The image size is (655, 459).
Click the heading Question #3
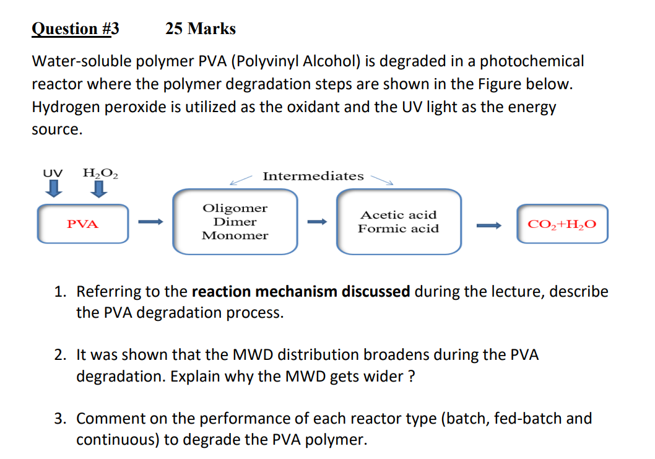click(x=75, y=29)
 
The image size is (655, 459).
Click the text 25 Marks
click(x=201, y=29)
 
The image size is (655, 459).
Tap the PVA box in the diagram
click(x=83, y=224)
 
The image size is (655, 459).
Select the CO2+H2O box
click(x=563, y=224)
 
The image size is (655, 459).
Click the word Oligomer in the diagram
click(x=235, y=208)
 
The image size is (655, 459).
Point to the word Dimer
click(x=235, y=222)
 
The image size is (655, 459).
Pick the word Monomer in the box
click(x=235, y=235)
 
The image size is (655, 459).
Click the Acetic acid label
click(x=399, y=215)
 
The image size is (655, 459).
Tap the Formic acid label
click(x=399, y=229)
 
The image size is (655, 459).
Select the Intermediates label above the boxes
click(x=313, y=176)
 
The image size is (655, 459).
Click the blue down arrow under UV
click(x=54, y=188)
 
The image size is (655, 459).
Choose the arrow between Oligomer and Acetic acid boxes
click(x=316, y=222)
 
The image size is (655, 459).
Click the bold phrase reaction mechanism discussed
click(x=301, y=291)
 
